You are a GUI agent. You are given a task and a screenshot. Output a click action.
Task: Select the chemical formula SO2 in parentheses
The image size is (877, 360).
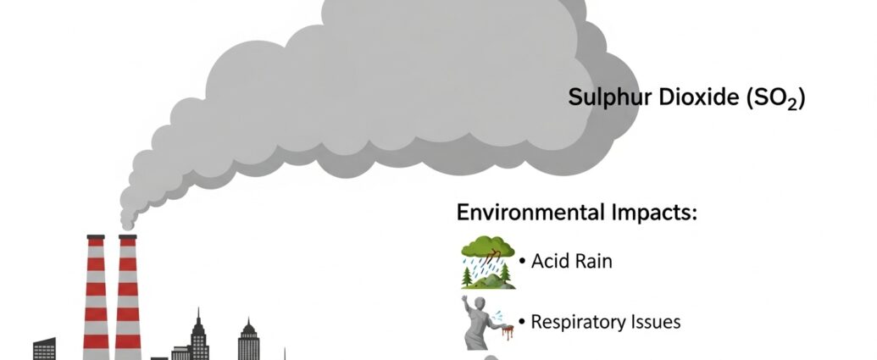[x=774, y=99]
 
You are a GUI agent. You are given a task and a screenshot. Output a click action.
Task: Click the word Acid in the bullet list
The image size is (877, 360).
[x=548, y=261]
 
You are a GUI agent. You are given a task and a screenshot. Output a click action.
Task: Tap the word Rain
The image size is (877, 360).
[x=591, y=261]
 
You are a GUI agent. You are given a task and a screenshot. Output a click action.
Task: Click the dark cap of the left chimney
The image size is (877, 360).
[x=96, y=238]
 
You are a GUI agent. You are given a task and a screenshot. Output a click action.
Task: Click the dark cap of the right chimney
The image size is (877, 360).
[x=128, y=238]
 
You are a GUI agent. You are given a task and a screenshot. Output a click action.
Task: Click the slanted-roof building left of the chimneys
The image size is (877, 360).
[x=45, y=348]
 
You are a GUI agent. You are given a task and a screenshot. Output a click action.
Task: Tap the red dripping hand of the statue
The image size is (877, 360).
[x=508, y=329]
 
